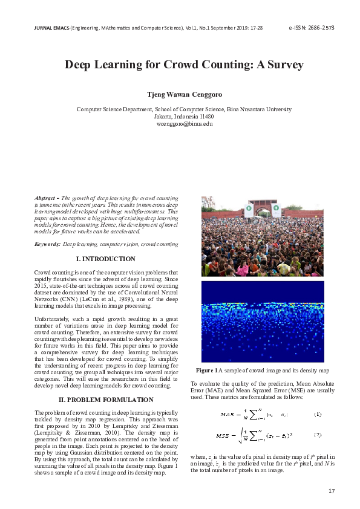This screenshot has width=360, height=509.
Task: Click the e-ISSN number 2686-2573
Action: (x=319, y=28)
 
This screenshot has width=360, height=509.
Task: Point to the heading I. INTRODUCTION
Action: (x=106, y=259)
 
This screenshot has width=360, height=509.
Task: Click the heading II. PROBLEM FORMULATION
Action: (x=106, y=400)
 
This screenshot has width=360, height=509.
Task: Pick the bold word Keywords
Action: (x=47, y=244)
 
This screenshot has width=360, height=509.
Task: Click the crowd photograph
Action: (x=263, y=236)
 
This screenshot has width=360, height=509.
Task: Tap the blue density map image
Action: (x=263, y=320)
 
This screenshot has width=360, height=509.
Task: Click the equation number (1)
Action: (x=318, y=414)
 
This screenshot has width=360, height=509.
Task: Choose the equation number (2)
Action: (x=318, y=435)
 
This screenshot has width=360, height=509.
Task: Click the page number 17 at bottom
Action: (x=331, y=490)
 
